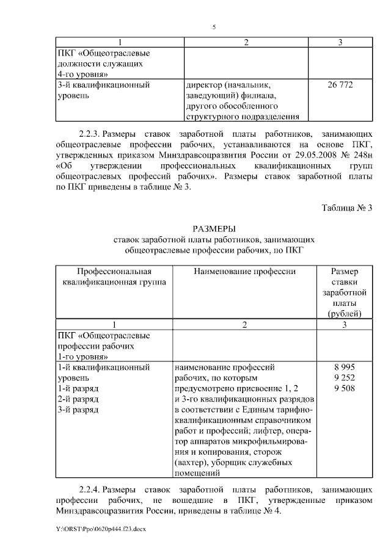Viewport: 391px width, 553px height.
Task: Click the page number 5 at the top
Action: point(214,27)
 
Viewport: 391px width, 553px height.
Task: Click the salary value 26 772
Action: point(340,85)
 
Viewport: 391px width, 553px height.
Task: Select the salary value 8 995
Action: point(344,367)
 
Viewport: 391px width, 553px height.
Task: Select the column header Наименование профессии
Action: point(244,271)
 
